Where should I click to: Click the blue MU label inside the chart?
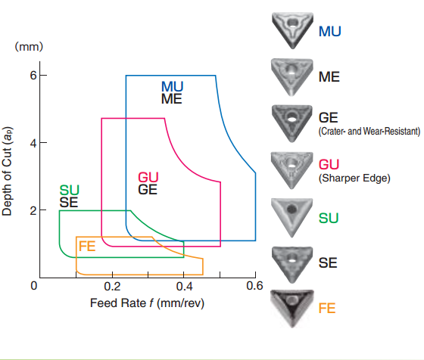coord(173,87)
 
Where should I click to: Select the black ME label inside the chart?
coord(171,99)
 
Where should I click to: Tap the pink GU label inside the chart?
coord(148,178)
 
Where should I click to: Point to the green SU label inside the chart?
coord(69,191)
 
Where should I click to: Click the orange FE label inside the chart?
coord(87,247)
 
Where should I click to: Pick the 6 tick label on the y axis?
coord(33,75)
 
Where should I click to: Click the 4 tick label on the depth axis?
coord(33,143)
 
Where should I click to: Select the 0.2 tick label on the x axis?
coord(112,287)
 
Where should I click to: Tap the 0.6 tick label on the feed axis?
coord(254,286)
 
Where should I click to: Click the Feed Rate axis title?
coord(147,303)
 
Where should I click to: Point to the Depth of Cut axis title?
coord(7,171)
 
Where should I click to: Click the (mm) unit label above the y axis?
coord(29,46)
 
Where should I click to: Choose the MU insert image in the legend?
coord(292,30)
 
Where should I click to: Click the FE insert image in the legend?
coord(292,309)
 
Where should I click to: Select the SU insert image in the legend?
coord(291,218)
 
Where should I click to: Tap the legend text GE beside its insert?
coord(329,118)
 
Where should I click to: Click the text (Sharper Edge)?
coord(354,178)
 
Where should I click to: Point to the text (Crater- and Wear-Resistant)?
coord(369,132)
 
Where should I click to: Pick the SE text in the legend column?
coord(328,262)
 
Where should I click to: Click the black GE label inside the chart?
coord(148,190)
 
